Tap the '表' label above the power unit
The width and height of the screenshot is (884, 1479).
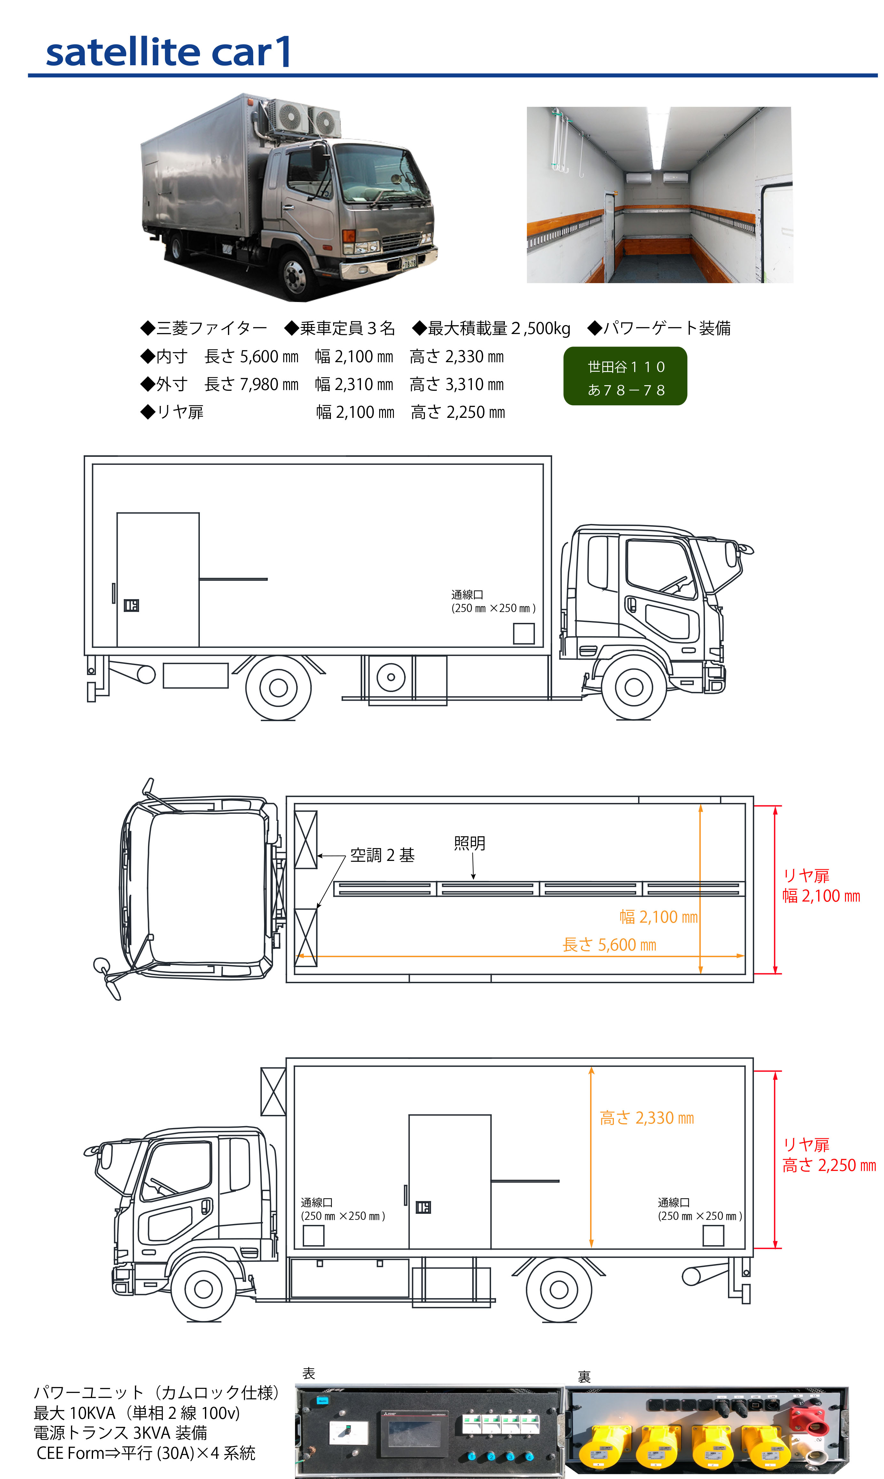pos(309,1373)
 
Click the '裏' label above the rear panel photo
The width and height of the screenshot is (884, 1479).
pos(584,1377)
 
